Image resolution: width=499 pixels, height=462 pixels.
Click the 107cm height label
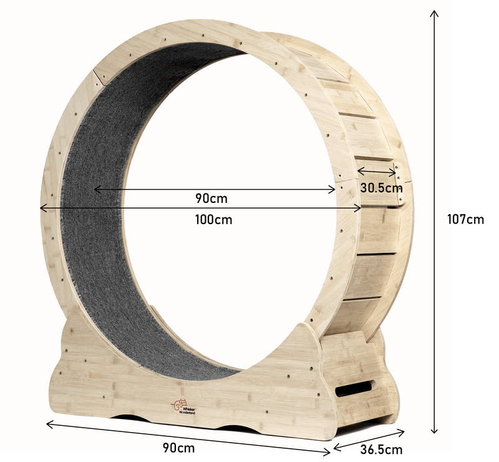[465, 219]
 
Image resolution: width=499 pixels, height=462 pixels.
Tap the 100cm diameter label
[213, 220]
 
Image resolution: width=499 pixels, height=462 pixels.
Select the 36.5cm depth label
[381, 450]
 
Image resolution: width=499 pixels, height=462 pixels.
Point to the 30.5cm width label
[381, 188]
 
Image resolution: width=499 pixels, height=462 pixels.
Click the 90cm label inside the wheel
[211, 199]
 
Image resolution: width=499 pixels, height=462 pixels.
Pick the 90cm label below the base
[179, 448]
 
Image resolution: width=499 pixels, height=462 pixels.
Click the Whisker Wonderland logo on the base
[183, 406]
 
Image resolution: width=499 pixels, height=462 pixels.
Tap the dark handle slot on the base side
[355, 388]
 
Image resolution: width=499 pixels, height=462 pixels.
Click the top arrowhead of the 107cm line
[434, 12]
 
